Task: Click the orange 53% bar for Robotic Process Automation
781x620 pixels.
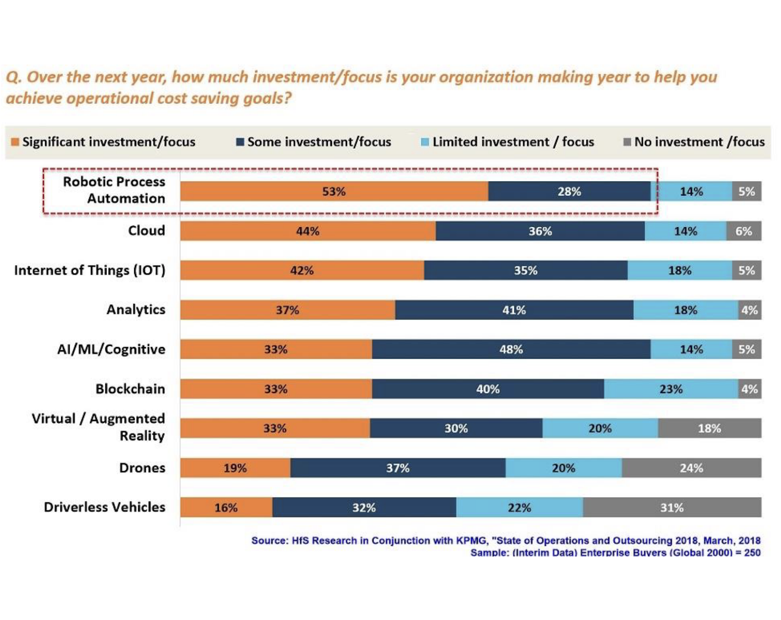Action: [334, 191]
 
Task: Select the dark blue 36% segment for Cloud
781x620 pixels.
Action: [540, 231]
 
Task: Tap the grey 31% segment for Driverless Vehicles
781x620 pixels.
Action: [672, 507]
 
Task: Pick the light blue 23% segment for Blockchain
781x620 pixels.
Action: [671, 389]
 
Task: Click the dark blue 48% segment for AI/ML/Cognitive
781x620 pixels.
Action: [511, 349]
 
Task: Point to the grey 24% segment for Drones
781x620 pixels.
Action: [691, 468]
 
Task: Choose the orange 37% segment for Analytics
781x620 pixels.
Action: [287, 310]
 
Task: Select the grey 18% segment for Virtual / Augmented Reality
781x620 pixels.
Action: [709, 428]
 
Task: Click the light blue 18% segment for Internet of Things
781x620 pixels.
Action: [679, 270]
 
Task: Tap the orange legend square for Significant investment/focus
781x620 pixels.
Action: [15, 142]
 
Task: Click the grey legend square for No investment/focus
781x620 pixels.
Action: [627, 142]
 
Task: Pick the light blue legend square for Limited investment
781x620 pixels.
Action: [425, 142]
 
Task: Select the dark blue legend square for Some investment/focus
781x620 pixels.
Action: [240, 142]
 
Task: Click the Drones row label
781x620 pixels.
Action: [142, 468]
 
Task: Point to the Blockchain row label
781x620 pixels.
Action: [130, 389]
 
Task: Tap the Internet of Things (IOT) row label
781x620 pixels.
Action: [89, 270]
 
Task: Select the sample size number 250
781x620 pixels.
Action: [752, 553]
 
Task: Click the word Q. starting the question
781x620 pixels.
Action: [13, 77]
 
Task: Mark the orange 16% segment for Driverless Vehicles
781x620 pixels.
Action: [226, 507]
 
